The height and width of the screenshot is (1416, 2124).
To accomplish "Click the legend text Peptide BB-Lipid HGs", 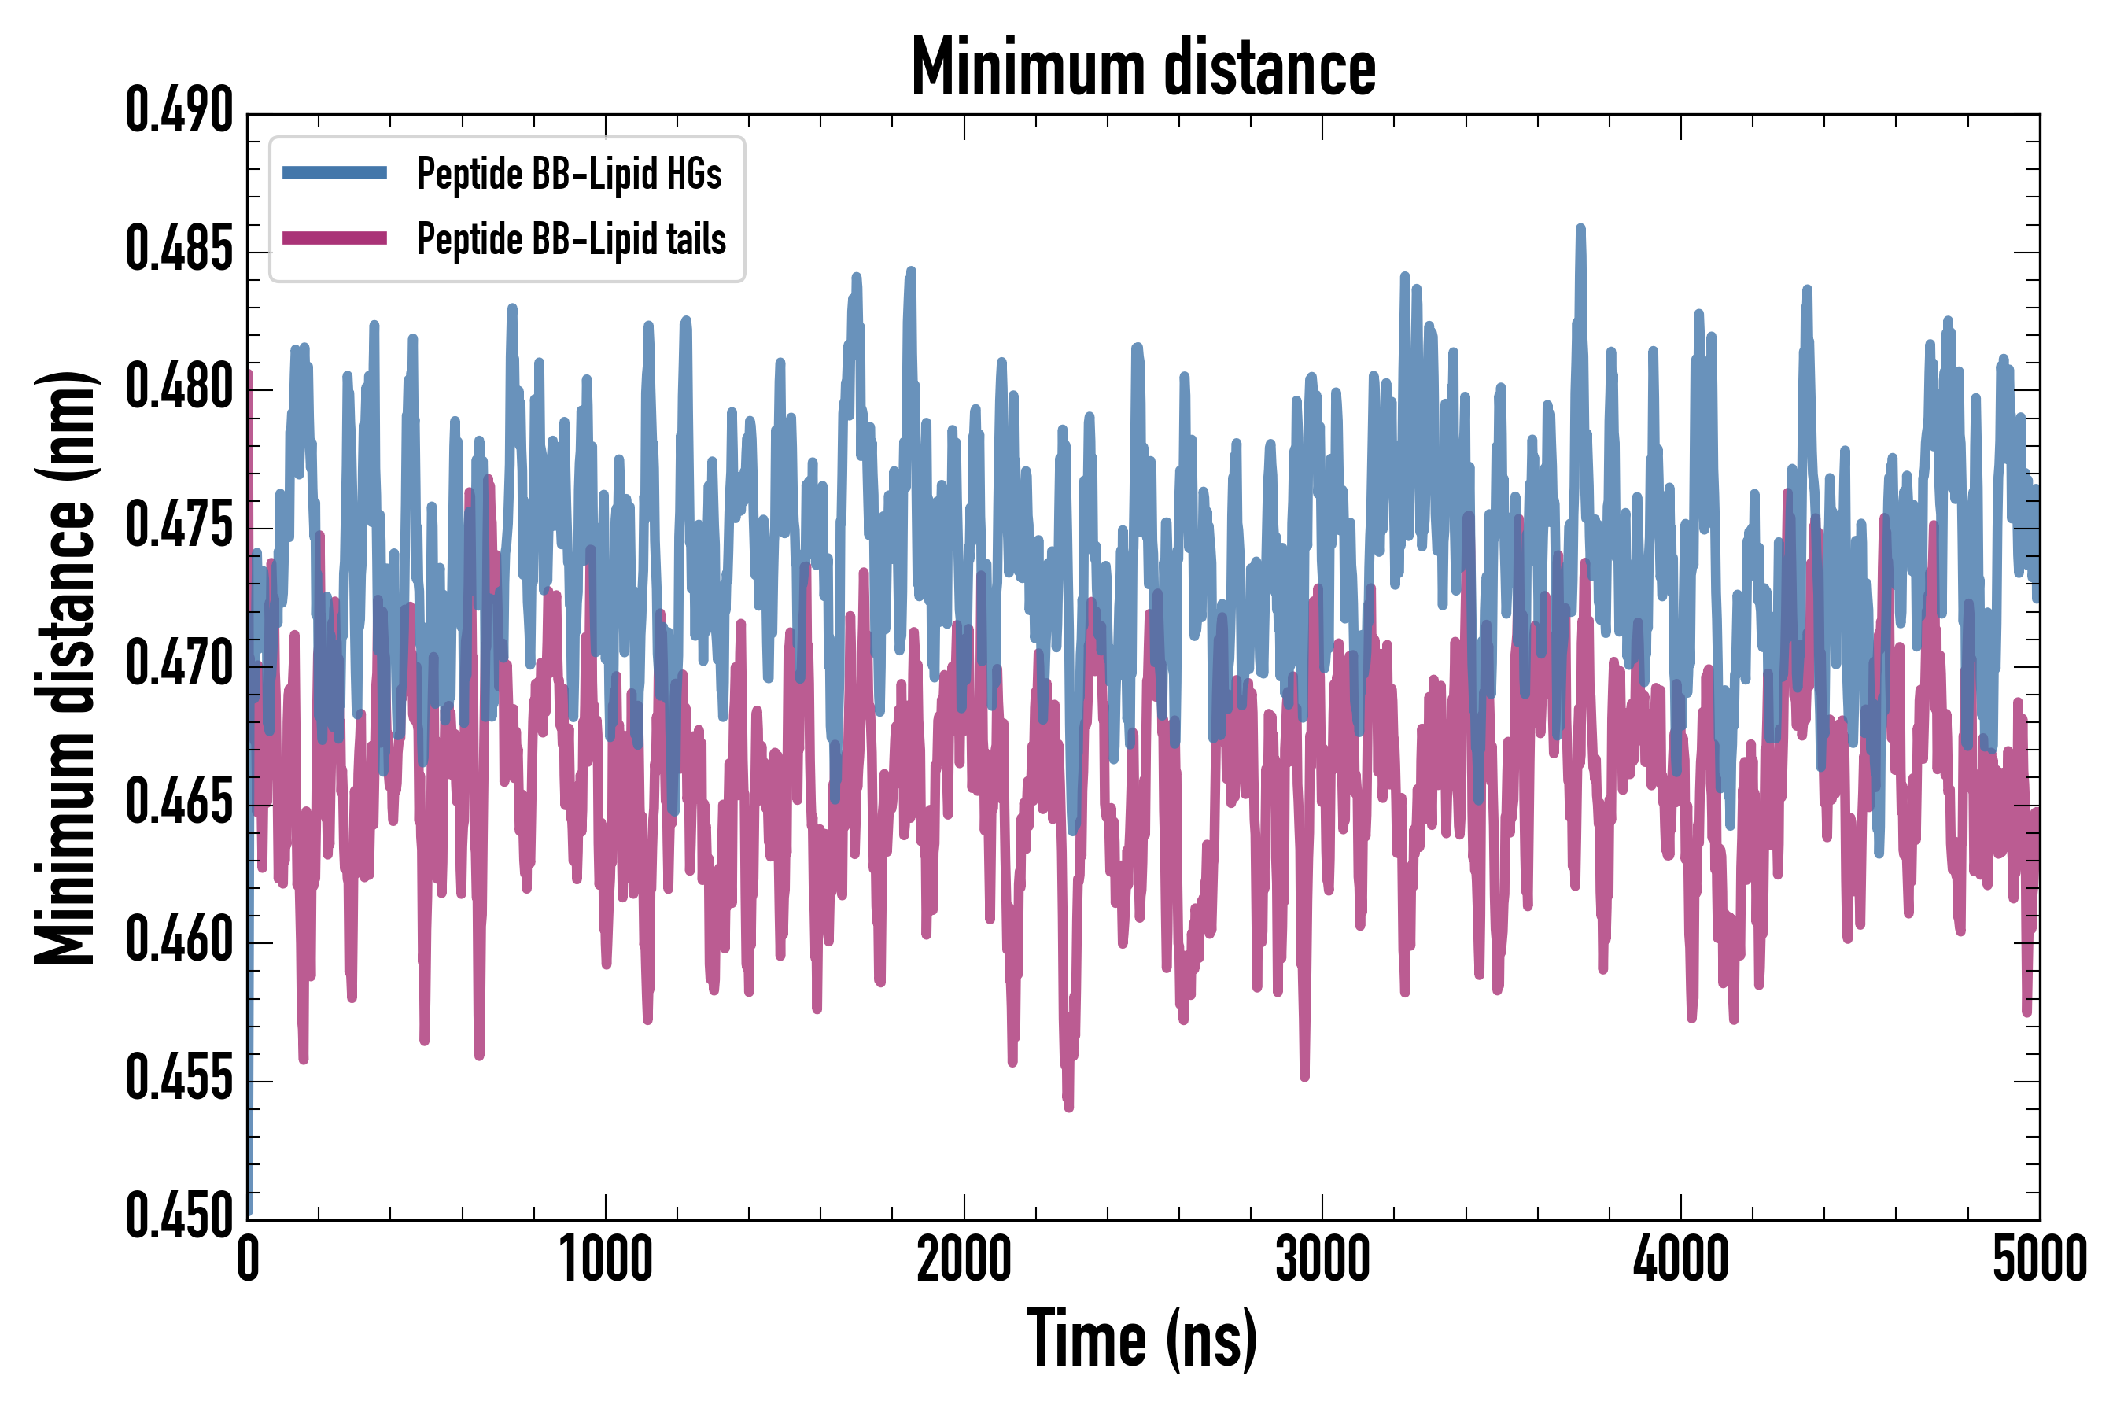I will pyautogui.click(x=569, y=173).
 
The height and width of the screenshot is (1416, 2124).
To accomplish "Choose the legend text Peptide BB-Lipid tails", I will pyautogui.click(x=571, y=239).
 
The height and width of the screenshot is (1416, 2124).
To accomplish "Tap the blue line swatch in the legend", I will pyautogui.click(x=334, y=172).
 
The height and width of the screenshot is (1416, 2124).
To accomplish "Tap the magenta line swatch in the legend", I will pyautogui.click(x=334, y=238).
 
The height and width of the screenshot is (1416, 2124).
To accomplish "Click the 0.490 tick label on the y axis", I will pyautogui.click(x=179, y=112).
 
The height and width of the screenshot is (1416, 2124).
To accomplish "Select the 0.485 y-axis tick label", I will pyautogui.click(x=179, y=250).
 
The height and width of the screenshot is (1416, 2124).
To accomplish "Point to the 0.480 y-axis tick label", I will pyautogui.click(x=179, y=389).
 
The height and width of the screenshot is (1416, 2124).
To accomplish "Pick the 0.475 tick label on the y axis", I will pyautogui.click(x=179, y=526).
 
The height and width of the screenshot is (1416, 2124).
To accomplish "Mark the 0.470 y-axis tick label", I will pyautogui.click(x=179, y=665).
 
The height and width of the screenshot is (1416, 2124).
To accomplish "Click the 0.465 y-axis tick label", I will pyautogui.click(x=179, y=803).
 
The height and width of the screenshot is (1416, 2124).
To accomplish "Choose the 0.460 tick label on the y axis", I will pyautogui.click(x=179, y=941).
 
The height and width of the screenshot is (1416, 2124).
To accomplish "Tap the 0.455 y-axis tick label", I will pyautogui.click(x=179, y=1079).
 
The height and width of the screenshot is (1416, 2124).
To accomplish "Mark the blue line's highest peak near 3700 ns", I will pyautogui.click(x=1580, y=230).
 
